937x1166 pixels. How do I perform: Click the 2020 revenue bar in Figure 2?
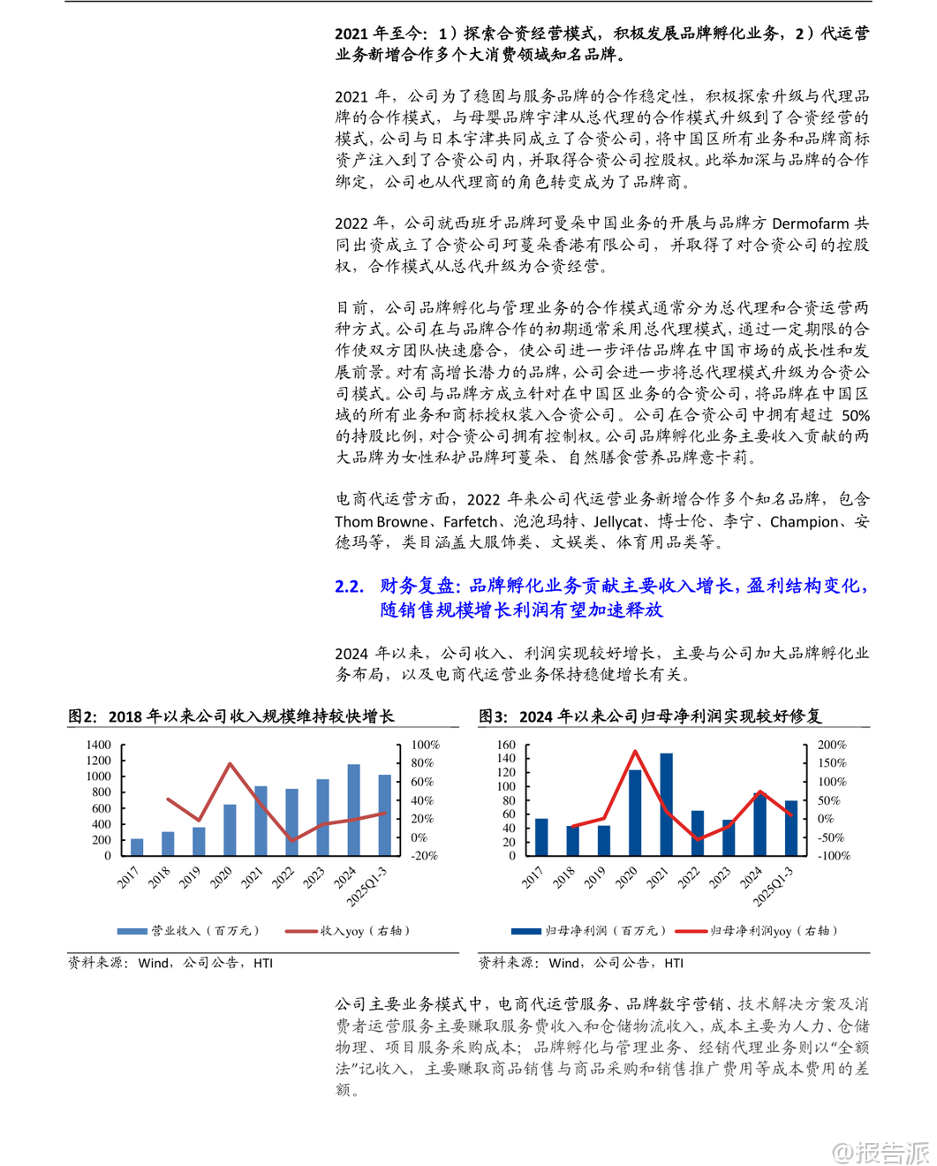coord(230,829)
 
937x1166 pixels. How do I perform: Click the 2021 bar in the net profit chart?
coord(666,804)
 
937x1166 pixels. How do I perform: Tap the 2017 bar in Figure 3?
coord(541,837)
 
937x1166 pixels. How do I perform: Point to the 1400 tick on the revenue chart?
coord(99,745)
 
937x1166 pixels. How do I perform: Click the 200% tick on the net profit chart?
coord(832,745)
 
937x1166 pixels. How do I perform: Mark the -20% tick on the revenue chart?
coord(424,855)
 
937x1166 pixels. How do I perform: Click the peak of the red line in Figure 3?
coord(635,752)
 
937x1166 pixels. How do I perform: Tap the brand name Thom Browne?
coord(381,522)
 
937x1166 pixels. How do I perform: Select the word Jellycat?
coord(618,522)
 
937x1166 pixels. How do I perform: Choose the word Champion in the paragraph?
coord(804,522)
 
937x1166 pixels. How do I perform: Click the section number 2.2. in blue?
coord(350,586)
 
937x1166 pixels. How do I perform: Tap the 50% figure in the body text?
coord(855,415)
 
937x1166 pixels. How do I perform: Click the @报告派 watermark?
coord(881,1152)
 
